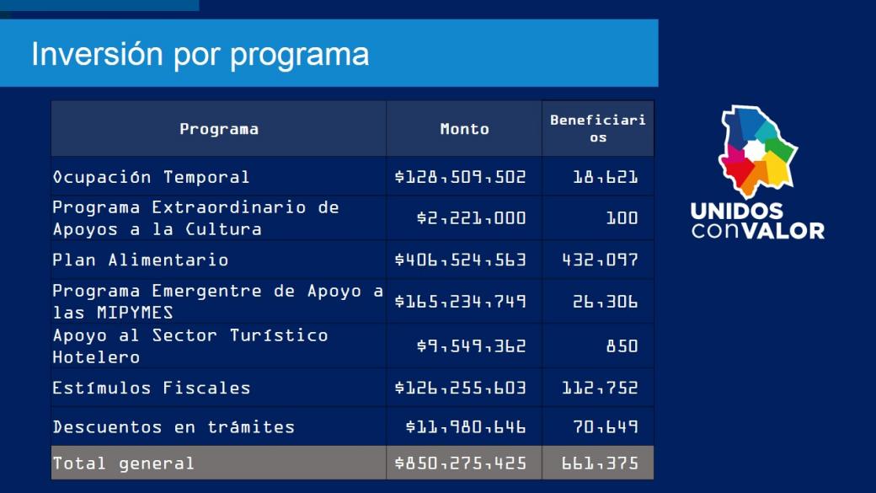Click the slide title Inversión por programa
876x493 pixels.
coord(200,55)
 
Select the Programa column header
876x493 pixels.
coord(219,129)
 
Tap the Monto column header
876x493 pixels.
coord(464,129)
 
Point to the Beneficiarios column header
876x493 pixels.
coord(598,128)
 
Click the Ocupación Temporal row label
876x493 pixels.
coord(152,177)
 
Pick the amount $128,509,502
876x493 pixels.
coord(460,177)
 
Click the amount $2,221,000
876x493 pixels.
coord(471,217)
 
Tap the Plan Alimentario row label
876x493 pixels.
coord(141,260)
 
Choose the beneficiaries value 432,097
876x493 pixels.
coord(600,260)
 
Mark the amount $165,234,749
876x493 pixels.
coord(460,302)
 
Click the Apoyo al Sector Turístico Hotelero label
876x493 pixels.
coord(190,346)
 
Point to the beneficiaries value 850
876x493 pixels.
coord(622,346)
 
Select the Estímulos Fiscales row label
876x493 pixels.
coord(152,388)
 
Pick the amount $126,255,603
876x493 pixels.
coord(460,388)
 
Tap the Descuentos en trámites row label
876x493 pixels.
coord(174,426)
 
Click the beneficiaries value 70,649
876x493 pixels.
coord(605,426)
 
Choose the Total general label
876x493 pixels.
coord(124,463)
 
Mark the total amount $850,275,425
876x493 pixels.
coord(460,463)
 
